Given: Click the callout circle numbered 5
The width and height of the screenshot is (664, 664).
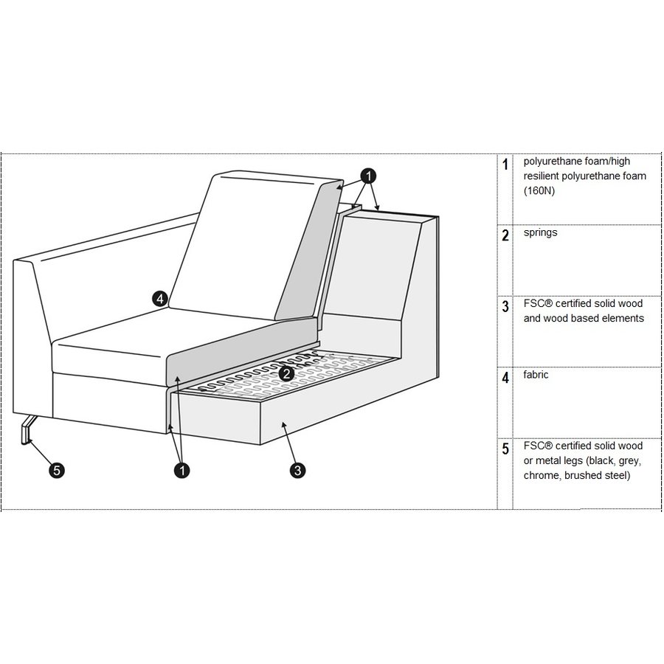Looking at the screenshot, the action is tap(57, 470).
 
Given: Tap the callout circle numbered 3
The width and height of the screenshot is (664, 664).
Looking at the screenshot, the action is tap(298, 470).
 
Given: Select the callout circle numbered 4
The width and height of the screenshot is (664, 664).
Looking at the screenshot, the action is tap(160, 299).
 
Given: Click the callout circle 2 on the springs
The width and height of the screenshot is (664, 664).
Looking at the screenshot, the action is tap(287, 373).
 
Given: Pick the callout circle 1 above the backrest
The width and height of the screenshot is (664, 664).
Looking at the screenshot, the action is tap(368, 176).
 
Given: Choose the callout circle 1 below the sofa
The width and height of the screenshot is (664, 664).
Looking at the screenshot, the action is tap(182, 470).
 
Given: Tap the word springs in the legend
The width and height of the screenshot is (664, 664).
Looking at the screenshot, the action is tap(540, 232).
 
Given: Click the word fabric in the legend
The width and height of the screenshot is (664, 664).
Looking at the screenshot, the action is tap(536, 374).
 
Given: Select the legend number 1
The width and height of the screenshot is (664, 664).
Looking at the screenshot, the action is tap(505, 165).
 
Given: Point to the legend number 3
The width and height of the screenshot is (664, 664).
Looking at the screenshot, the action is tap(505, 306).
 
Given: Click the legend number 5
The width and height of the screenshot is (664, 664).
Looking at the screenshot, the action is tap(505, 449).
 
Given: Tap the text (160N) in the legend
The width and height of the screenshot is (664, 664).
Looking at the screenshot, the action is tap(539, 190).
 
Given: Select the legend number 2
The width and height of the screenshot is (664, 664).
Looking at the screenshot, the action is tap(505, 235).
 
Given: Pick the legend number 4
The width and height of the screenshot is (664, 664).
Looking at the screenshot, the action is tap(505, 377).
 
